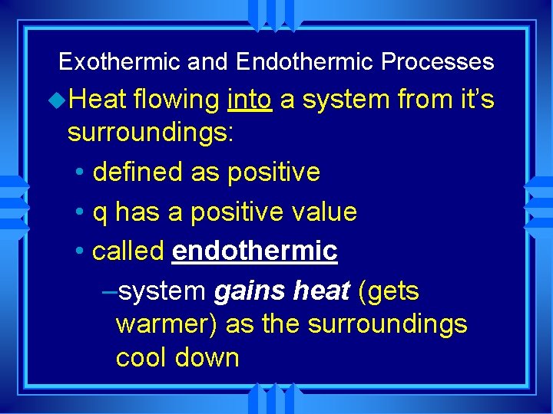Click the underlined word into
point(250,99)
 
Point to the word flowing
point(177,100)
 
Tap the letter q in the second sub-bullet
point(100,213)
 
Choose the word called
point(128,251)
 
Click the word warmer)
point(166,324)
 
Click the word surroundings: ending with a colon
point(151,133)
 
